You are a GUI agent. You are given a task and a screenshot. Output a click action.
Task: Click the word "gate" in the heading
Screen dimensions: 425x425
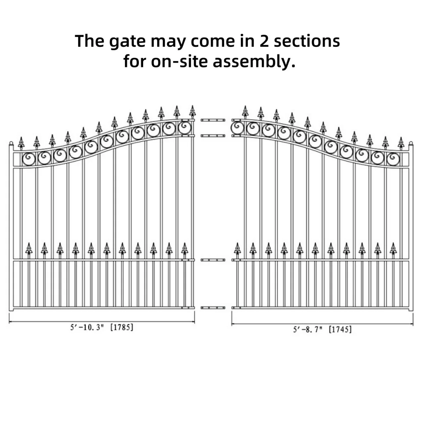coord(127,42)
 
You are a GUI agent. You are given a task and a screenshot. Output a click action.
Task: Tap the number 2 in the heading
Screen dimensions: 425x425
coord(264,41)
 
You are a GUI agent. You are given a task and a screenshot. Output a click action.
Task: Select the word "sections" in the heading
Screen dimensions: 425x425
coord(307,41)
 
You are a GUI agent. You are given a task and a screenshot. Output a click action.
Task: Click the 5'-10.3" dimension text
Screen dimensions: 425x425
coord(87,327)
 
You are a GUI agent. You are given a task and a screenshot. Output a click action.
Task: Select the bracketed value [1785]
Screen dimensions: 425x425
coord(122,327)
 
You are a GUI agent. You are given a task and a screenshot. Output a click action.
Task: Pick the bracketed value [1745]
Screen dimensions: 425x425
coord(340,330)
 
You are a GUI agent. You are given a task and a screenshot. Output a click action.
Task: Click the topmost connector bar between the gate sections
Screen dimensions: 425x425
coord(213,120)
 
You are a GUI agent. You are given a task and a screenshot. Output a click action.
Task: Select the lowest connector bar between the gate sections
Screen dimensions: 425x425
coord(213,307)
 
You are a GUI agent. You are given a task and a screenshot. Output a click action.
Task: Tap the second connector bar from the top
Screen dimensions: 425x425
coord(213,136)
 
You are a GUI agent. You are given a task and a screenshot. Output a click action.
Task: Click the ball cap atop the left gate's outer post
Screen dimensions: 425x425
coord(11,143)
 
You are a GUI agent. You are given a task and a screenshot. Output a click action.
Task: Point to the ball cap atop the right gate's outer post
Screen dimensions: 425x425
coord(411,143)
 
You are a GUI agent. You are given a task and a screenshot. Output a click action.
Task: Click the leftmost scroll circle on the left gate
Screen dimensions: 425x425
coord(29,159)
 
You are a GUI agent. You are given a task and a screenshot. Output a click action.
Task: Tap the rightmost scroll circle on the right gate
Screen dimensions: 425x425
coord(393,159)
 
